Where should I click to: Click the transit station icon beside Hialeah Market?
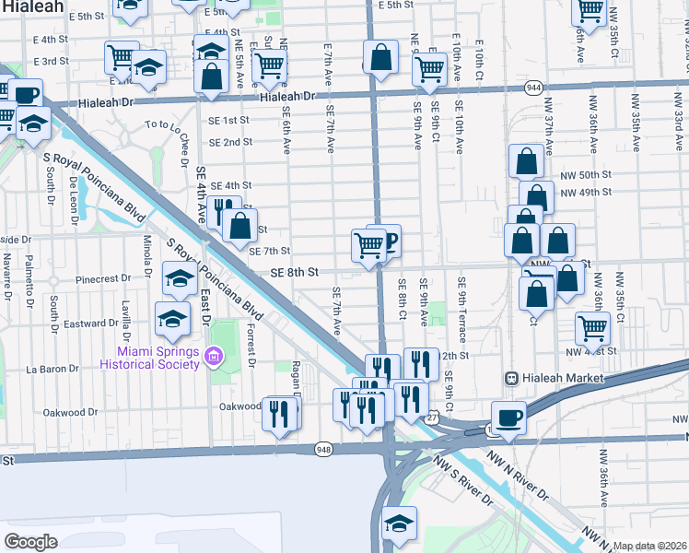508,379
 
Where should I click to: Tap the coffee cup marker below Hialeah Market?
508,417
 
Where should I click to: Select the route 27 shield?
432,418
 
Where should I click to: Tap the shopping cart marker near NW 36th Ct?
591,326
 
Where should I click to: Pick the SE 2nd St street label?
230,142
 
